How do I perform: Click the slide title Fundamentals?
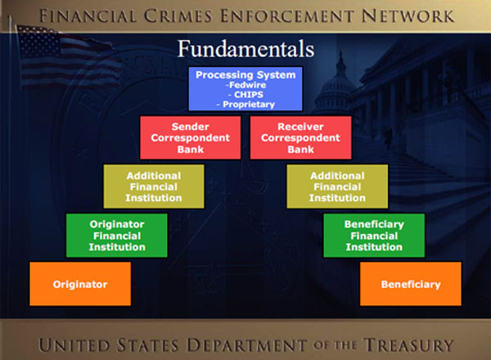[245, 49]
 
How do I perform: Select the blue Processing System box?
[245, 88]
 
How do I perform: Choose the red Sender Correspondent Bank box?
[191, 137]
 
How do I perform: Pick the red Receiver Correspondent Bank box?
[300, 137]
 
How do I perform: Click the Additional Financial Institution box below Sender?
[154, 187]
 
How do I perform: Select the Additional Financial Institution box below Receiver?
[337, 187]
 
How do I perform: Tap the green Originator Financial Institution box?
[117, 236]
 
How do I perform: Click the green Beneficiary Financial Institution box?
[374, 236]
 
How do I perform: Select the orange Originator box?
[80, 284]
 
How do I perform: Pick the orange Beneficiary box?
[411, 284]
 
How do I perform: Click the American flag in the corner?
[65, 56]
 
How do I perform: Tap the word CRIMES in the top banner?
[178, 16]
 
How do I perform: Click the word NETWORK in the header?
[408, 16]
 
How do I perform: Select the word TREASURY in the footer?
[408, 345]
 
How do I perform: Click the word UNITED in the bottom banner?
[74, 345]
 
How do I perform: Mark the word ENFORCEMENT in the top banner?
[287, 16]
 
